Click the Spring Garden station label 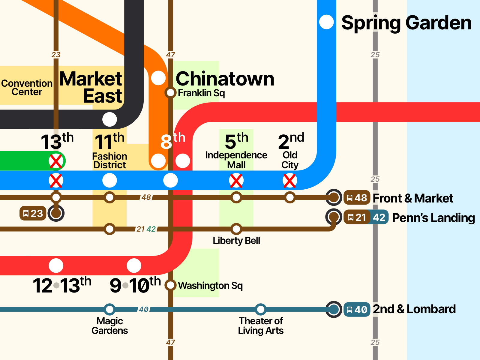(406, 23)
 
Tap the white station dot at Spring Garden (326, 22)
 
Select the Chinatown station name (225, 79)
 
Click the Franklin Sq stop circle (170, 92)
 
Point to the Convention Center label (27, 87)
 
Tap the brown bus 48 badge (357, 198)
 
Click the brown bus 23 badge (33, 213)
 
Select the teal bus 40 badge (357, 309)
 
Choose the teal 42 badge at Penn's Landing (379, 217)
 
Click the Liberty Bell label (236, 241)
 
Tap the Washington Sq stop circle (170, 285)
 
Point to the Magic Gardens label (110, 326)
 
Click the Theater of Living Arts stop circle (261, 309)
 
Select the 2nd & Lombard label (414, 309)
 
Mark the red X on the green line (56, 161)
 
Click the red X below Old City (290, 181)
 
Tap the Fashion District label (110, 160)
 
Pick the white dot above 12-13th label (56, 265)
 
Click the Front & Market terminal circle (334, 197)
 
